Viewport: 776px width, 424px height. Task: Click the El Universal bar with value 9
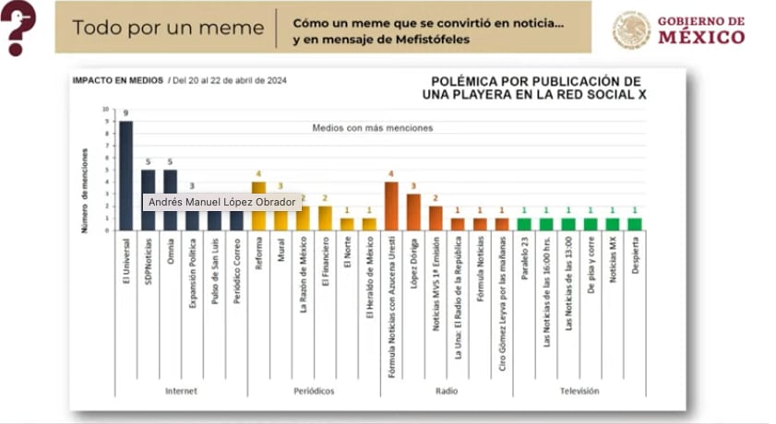[x=126, y=175]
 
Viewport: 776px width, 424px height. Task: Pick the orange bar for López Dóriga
[x=413, y=212]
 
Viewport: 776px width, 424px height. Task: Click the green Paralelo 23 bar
[x=524, y=224]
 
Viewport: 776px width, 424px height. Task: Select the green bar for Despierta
[x=635, y=224]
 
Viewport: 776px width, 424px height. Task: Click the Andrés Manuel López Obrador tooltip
[x=221, y=202]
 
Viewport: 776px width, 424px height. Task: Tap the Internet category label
[x=181, y=391]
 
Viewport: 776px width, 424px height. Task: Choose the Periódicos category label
[x=314, y=391]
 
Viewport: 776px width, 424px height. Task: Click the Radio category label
[x=447, y=391]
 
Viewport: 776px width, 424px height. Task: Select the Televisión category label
[x=579, y=391]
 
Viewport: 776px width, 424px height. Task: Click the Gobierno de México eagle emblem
[x=631, y=29]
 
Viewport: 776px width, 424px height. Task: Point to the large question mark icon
[x=19, y=26]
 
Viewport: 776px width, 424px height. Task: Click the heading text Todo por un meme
[x=168, y=28]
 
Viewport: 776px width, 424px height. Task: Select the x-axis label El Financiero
[x=326, y=266]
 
